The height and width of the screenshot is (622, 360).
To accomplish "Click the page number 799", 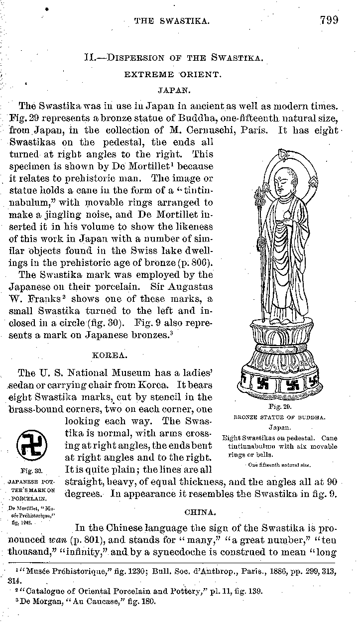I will [329, 20].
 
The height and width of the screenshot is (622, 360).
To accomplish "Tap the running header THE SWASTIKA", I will [171, 21].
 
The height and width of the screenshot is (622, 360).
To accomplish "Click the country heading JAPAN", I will [172, 91].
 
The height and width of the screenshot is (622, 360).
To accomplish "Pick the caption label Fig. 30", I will [31, 470].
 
